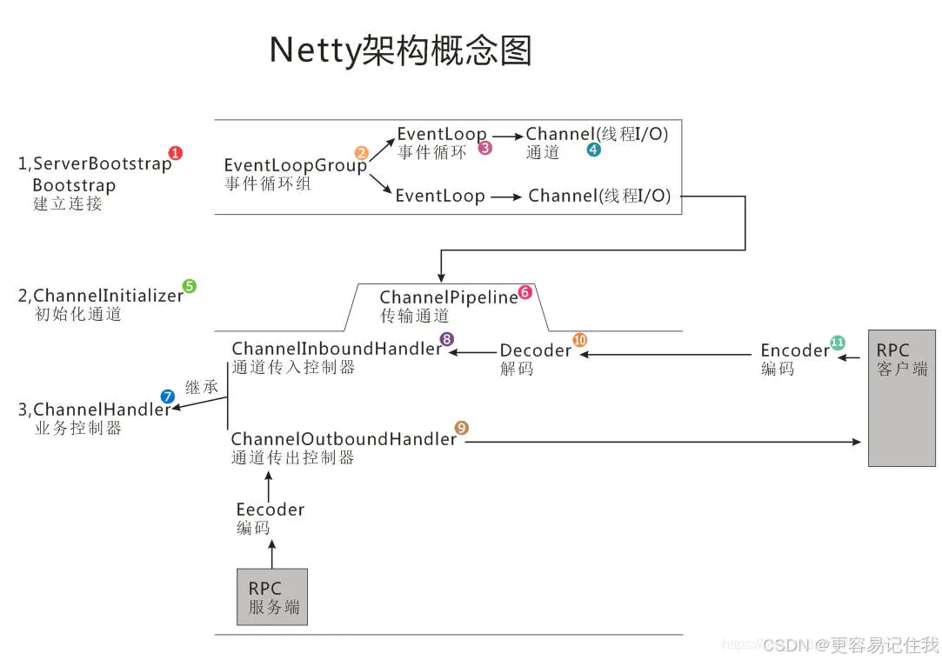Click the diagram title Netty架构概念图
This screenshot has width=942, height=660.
point(400,50)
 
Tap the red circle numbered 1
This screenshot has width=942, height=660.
point(176,153)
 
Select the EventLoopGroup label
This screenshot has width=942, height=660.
point(295,165)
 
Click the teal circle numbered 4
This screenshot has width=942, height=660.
point(593,150)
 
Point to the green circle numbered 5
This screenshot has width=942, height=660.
point(190,286)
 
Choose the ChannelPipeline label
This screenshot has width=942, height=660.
point(448,297)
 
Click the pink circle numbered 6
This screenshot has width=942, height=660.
point(524,292)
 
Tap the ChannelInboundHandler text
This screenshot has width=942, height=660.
point(337,349)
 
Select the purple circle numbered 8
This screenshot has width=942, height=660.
point(447,339)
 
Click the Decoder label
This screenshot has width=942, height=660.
point(535,350)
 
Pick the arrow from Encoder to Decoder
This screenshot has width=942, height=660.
point(666,354)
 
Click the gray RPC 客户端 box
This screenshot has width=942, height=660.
point(901,397)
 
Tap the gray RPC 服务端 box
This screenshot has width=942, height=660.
point(272,597)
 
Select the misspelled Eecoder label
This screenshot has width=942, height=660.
point(270,510)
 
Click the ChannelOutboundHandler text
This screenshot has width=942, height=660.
point(343,439)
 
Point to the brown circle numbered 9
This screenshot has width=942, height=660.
point(462,428)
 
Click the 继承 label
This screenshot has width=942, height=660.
point(202,387)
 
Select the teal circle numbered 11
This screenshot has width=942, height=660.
point(838,342)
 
